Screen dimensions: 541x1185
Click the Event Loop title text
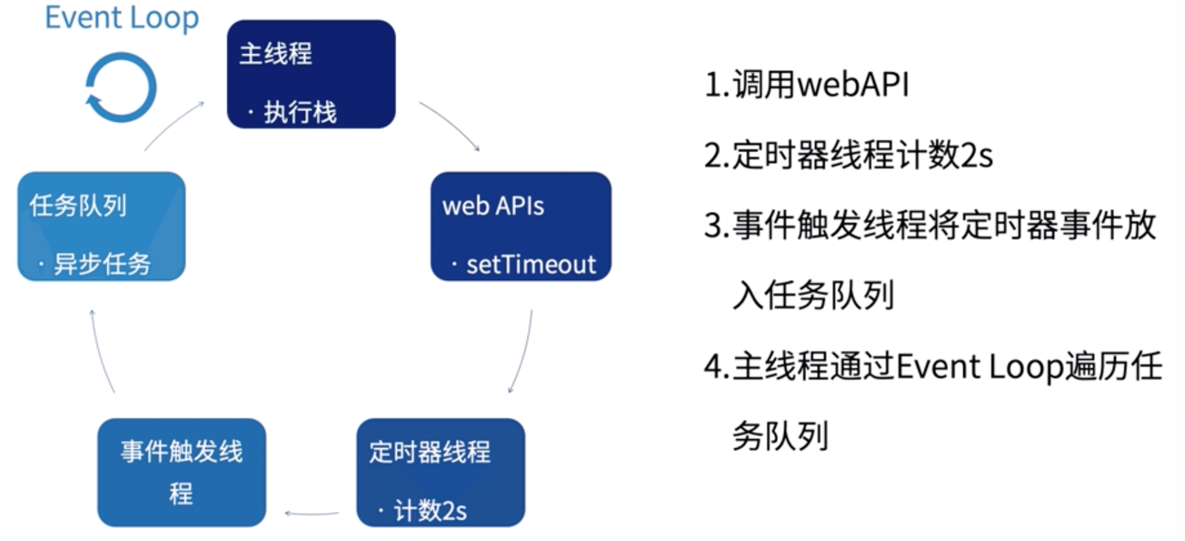(x=122, y=18)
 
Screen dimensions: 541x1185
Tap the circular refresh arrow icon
(x=121, y=87)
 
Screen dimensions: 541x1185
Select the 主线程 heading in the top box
(x=276, y=53)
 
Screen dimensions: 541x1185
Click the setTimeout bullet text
(x=531, y=265)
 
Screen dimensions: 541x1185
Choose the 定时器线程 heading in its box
(x=430, y=452)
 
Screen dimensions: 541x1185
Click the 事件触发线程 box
(x=182, y=472)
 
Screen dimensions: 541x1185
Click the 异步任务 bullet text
(x=102, y=264)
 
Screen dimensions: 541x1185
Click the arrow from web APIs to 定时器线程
(x=522, y=352)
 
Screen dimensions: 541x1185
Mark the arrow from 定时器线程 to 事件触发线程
(x=311, y=513)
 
